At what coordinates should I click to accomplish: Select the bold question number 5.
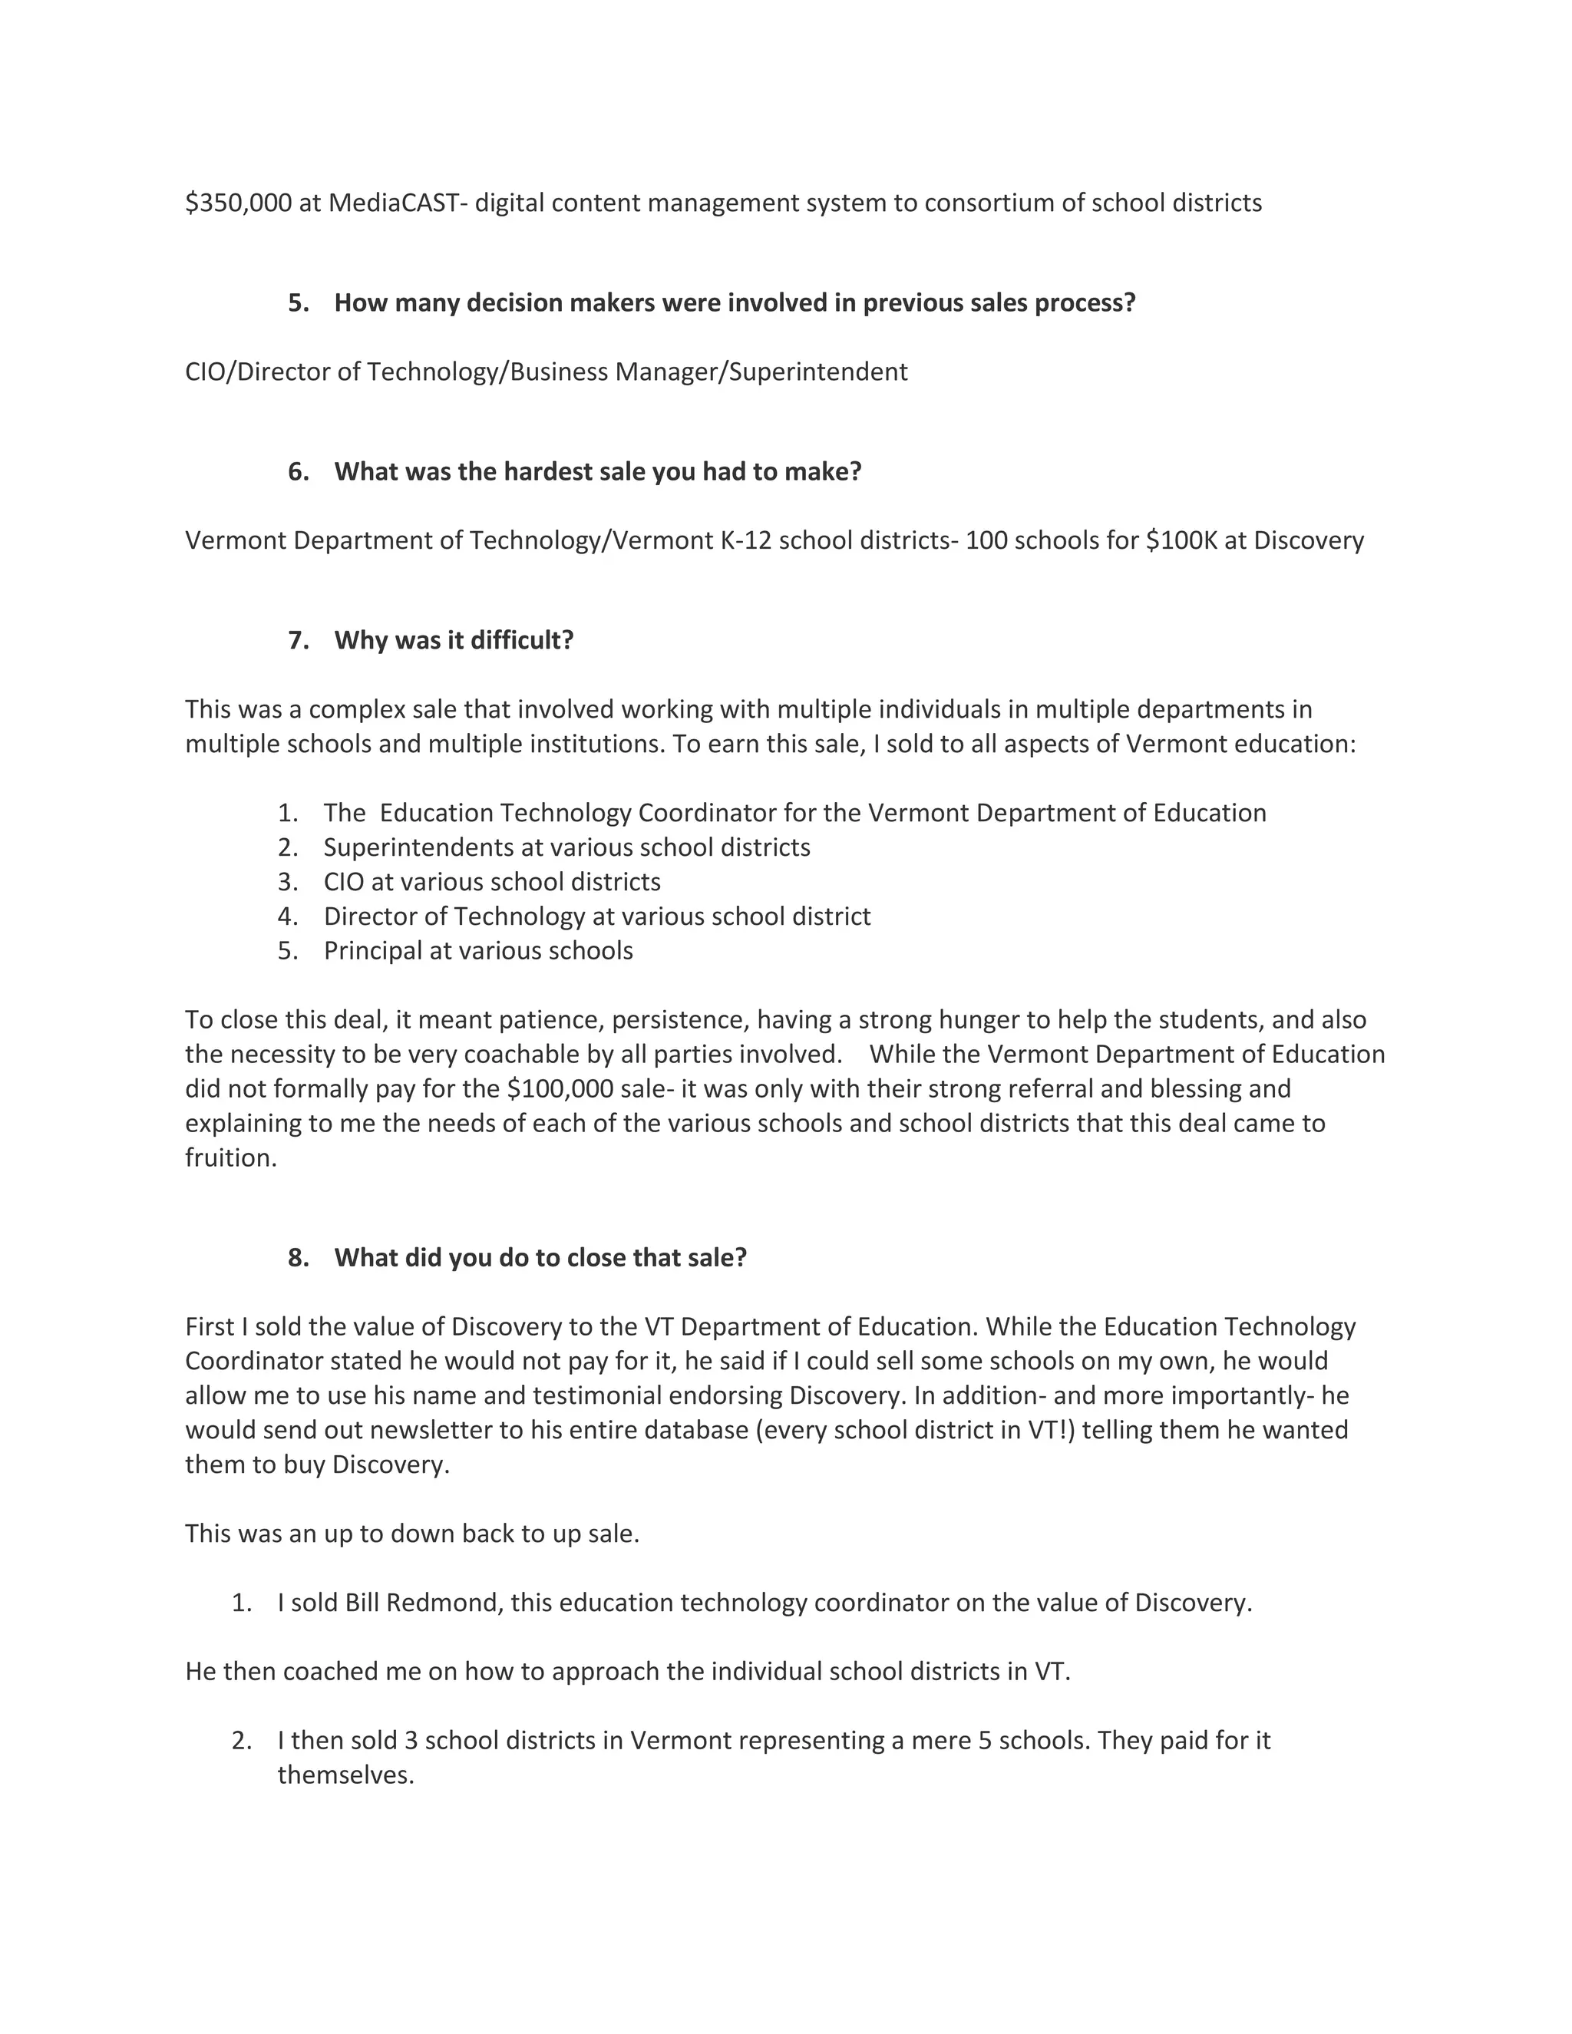(x=298, y=302)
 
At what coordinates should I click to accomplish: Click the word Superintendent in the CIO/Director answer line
(x=817, y=371)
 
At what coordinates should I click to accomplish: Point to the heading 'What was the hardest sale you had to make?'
(x=598, y=471)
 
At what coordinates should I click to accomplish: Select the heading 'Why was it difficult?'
(x=454, y=640)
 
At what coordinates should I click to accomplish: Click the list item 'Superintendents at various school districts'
(x=566, y=847)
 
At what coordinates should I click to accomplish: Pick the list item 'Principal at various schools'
(x=477, y=950)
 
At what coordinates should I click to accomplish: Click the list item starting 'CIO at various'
(x=492, y=881)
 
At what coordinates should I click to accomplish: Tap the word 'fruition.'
(x=231, y=1157)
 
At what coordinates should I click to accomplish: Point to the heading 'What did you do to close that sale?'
(x=540, y=1257)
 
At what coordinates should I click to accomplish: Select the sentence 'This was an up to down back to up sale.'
(x=411, y=1533)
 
